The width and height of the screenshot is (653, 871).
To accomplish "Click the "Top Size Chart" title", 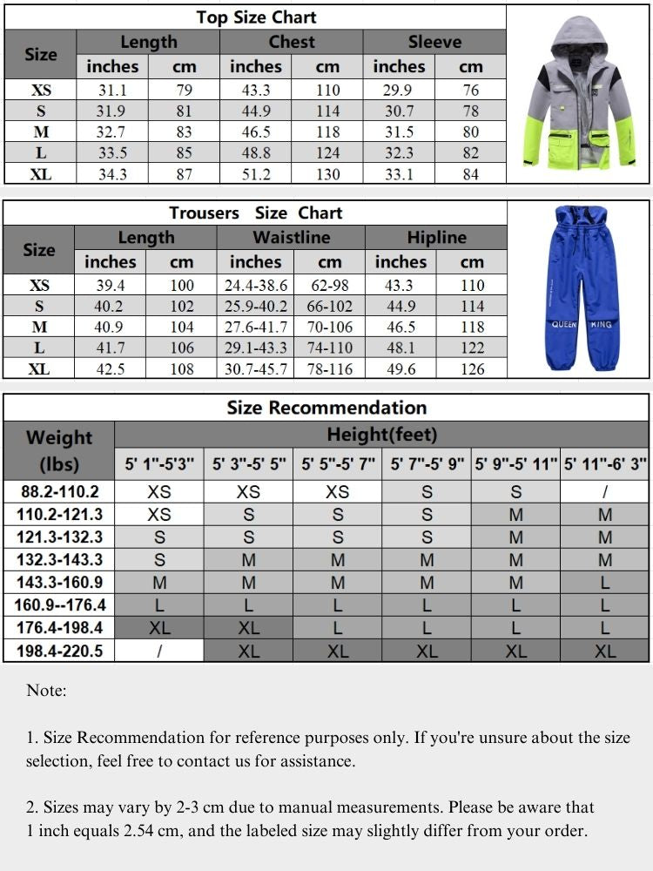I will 256,17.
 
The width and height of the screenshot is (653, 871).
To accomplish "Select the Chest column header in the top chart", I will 291,42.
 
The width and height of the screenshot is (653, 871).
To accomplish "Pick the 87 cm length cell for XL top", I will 184,174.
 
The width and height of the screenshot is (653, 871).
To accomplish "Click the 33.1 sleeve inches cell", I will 399,174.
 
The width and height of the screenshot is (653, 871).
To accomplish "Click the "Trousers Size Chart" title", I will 256,213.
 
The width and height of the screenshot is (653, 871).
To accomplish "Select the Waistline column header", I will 291,238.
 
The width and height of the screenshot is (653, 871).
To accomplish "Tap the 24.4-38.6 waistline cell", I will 255,286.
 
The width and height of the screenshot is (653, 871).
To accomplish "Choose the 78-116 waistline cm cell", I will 330,369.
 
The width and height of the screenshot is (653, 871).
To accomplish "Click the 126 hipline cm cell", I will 472,369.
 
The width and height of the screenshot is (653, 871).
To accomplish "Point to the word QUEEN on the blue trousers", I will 564,324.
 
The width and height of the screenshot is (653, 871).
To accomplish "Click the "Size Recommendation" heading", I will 326,408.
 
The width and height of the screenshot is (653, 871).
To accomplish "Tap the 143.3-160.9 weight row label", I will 59,583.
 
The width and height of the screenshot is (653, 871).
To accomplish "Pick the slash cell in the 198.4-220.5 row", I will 159,651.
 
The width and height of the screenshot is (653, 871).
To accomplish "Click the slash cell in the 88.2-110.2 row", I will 605,492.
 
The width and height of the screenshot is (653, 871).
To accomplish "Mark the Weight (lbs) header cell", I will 59,449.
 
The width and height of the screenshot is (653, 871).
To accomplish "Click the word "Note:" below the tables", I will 46,691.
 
